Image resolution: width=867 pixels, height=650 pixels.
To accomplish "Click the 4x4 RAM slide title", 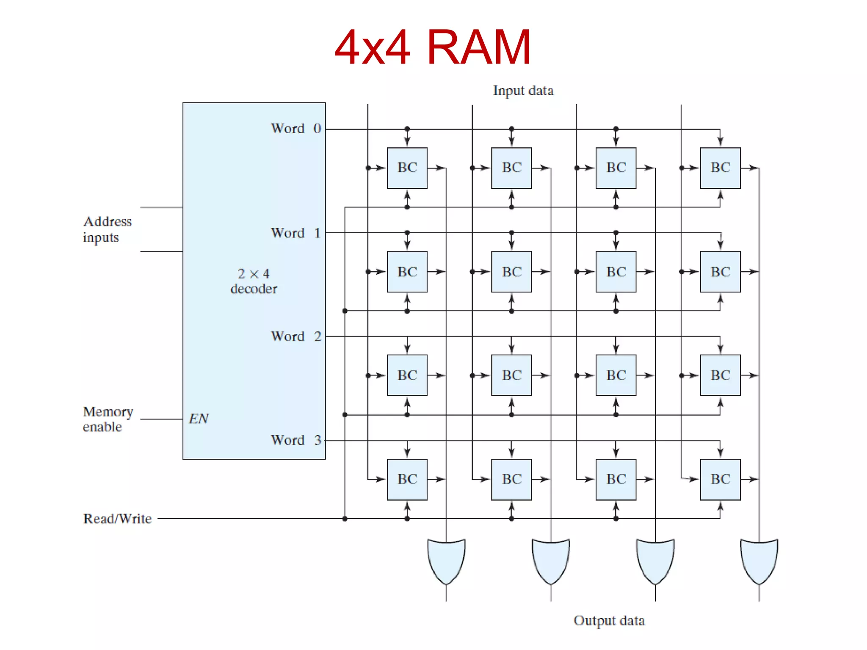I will (433, 47).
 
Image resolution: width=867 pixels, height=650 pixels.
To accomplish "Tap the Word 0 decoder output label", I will (296, 128).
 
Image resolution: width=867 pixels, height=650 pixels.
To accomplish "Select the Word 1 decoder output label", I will (296, 233).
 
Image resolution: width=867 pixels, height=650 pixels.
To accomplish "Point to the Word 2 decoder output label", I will (296, 336).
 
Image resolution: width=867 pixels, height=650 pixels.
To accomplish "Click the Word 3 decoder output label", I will (296, 440).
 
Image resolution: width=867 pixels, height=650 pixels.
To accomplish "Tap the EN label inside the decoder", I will (199, 419).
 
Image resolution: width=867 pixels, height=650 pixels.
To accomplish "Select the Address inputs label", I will (108, 229).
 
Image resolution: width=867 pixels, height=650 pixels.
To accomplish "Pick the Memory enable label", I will (108, 419).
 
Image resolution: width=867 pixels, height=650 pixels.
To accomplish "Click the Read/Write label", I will (117, 518).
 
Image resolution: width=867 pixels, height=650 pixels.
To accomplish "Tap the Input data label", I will (523, 91).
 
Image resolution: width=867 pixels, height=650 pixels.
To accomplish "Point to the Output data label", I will (609, 620).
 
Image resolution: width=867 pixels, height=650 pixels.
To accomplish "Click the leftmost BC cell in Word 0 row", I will (407, 168).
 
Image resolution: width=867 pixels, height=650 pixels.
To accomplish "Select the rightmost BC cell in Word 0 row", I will (720, 168).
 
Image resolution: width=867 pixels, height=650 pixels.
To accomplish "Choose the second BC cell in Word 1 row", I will (511, 272).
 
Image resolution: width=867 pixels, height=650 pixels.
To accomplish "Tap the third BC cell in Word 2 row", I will (616, 375).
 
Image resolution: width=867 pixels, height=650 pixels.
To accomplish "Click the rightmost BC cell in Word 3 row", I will (720, 479).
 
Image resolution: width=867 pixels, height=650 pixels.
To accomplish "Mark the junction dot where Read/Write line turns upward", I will (345, 518).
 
